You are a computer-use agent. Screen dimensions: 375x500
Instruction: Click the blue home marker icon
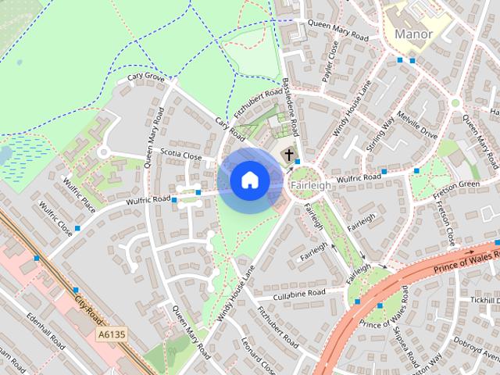click(x=249, y=180)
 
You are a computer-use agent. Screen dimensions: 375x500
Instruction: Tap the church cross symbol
click(x=289, y=154)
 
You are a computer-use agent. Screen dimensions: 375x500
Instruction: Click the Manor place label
click(x=413, y=34)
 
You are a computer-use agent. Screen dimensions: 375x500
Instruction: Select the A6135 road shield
click(x=112, y=334)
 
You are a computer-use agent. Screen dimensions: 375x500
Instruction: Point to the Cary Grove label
click(x=145, y=77)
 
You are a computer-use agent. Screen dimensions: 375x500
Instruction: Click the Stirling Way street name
click(x=380, y=133)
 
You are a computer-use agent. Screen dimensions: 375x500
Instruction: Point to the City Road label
click(x=88, y=305)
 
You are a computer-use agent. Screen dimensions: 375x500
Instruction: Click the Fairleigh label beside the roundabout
click(x=306, y=186)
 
